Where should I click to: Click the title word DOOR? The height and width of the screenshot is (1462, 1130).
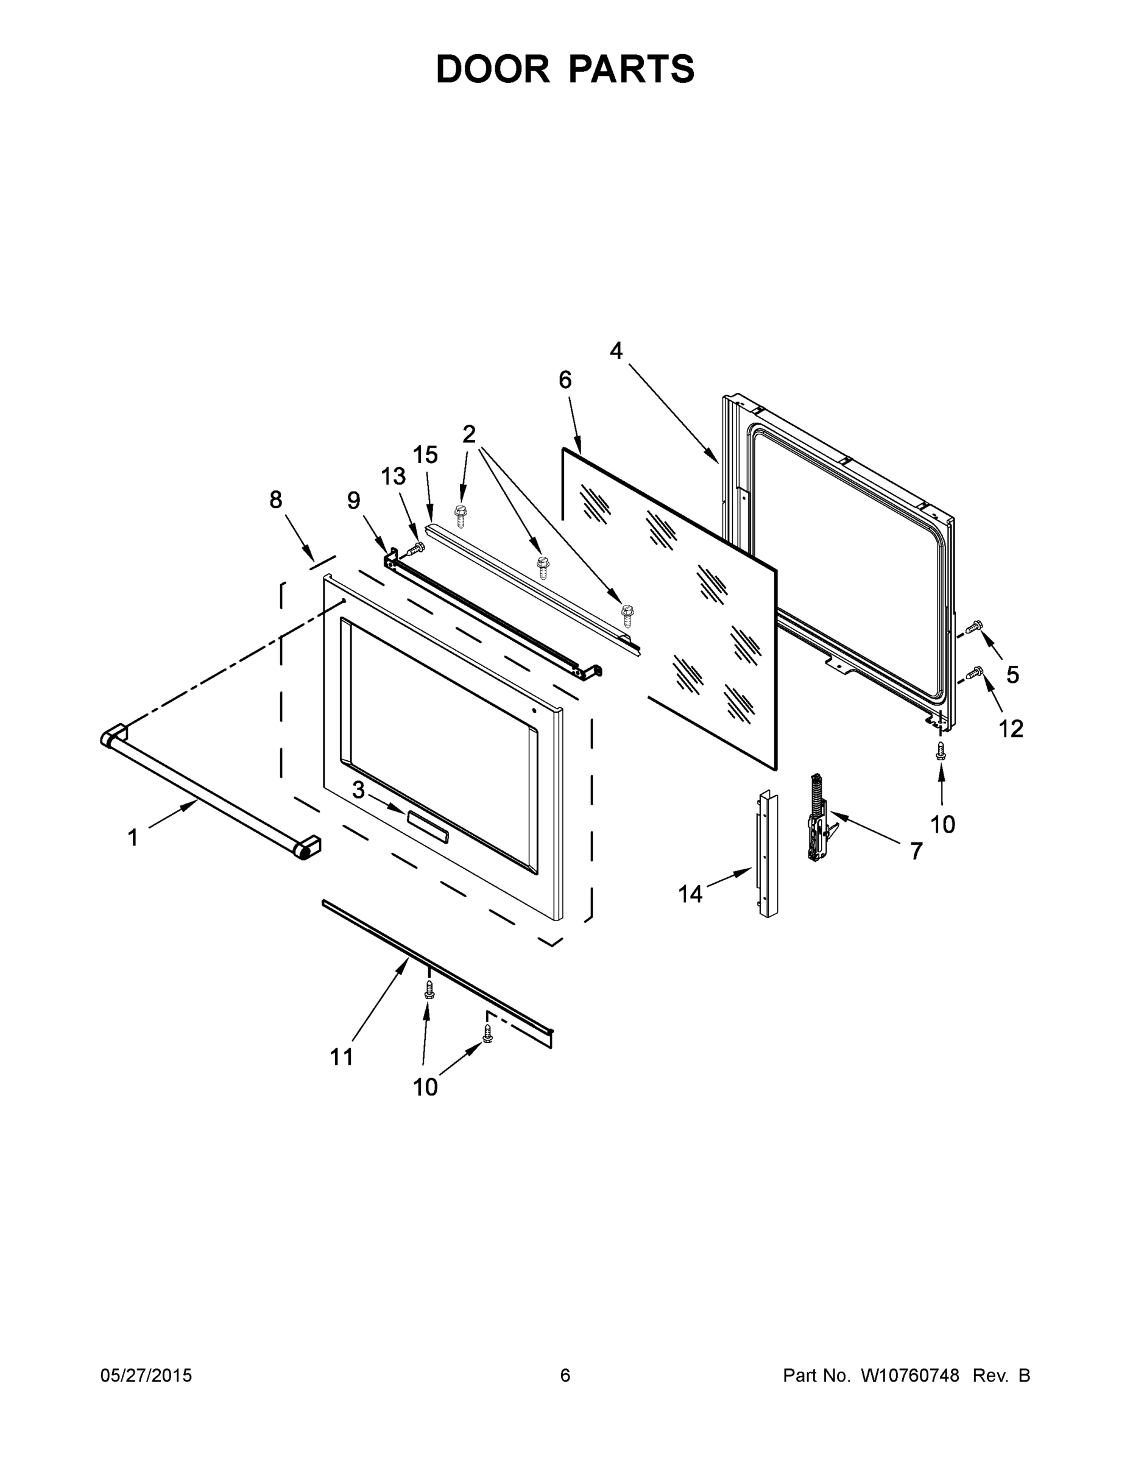point(492,69)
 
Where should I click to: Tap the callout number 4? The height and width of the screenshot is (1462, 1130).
point(616,350)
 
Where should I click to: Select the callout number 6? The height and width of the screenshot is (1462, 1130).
point(565,380)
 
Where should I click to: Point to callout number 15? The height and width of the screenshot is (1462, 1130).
point(425,454)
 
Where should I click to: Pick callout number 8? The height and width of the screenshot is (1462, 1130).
point(276,500)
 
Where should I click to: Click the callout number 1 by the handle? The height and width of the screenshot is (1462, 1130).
point(133,838)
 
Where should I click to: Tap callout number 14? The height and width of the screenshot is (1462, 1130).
point(690,894)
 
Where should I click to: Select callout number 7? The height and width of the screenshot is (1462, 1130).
point(916,851)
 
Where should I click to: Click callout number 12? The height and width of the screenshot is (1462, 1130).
point(1011,729)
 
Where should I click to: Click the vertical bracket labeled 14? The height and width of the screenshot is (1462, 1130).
point(768,853)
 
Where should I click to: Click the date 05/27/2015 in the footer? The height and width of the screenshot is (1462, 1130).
point(146,1375)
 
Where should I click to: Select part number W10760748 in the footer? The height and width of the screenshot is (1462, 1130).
point(909,1375)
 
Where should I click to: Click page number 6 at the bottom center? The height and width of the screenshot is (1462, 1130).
point(565,1375)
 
